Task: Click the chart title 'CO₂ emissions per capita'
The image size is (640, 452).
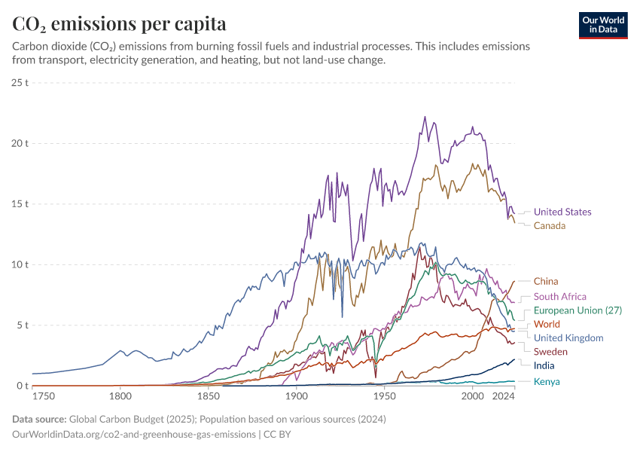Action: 119,24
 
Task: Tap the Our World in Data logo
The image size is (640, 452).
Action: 602,25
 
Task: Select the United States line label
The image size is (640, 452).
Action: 562,212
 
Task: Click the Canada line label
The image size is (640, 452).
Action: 550,226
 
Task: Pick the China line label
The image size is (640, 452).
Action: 546,282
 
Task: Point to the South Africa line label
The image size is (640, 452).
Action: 559,297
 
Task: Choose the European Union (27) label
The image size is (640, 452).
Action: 578,310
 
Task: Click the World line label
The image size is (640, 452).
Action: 547,325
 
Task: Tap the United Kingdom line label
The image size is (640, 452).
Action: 568,338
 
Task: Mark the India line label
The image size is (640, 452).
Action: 544,366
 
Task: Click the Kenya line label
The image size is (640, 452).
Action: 547,382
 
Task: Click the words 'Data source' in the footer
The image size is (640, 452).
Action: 38,419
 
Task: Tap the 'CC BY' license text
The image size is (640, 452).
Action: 276,435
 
